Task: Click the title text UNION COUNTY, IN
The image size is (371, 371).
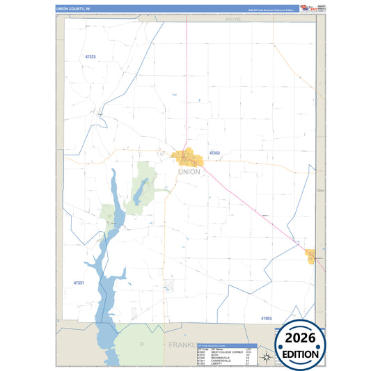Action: [x=73, y=8]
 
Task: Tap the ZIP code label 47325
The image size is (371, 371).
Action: [x=89, y=56]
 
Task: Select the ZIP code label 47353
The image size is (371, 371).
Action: [x=215, y=153]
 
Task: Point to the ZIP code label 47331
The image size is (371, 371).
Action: [x=79, y=283]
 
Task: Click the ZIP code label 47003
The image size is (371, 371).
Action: [x=267, y=317]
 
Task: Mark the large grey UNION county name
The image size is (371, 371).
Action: [x=189, y=171]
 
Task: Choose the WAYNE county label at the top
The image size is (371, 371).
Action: [x=232, y=19]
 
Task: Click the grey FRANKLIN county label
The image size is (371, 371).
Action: [x=179, y=345]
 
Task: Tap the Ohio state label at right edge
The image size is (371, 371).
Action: [x=320, y=189]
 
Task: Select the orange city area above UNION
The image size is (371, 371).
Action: [x=186, y=157]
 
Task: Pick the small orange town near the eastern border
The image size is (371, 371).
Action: [x=310, y=256]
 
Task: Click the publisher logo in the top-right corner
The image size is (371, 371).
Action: [x=312, y=8]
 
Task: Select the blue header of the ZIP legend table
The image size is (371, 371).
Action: [x=227, y=345]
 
